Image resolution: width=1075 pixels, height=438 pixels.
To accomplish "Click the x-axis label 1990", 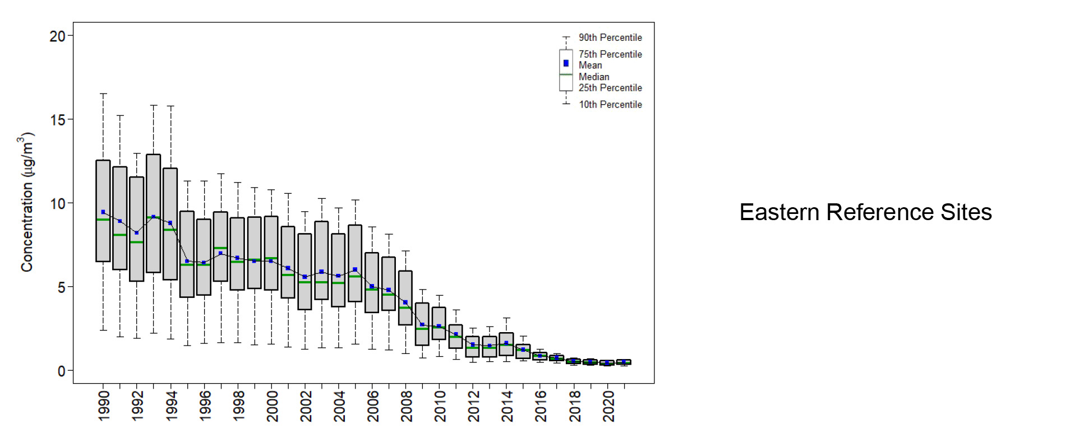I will [x=104, y=406].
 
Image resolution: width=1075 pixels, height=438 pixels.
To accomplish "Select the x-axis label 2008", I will [x=407, y=406].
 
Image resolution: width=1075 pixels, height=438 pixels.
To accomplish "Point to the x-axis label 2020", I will [x=608, y=406].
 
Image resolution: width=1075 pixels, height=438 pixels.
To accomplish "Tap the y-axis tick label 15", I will [x=58, y=120].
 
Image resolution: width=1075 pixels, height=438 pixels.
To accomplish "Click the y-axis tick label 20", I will [x=58, y=36].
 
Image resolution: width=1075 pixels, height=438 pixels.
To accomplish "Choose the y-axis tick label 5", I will [x=62, y=287].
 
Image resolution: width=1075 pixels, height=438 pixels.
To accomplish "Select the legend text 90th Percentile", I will [x=610, y=38].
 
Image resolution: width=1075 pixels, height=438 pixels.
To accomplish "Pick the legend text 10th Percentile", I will [x=610, y=105].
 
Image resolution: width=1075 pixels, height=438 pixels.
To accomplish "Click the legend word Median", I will [x=594, y=77].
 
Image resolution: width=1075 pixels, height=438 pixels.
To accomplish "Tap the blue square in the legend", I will [x=566, y=63].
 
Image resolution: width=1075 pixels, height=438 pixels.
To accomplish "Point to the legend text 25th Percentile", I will [x=610, y=88].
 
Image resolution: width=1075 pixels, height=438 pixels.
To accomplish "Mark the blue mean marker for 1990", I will [x=103, y=212].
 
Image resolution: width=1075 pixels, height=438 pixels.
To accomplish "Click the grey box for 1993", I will [x=154, y=185].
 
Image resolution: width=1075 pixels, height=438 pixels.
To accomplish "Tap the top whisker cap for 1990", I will [x=103, y=94].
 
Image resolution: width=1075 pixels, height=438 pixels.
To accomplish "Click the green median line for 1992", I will [x=137, y=242].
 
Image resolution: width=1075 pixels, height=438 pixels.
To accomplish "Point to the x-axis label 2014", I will [x=507, y=406].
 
